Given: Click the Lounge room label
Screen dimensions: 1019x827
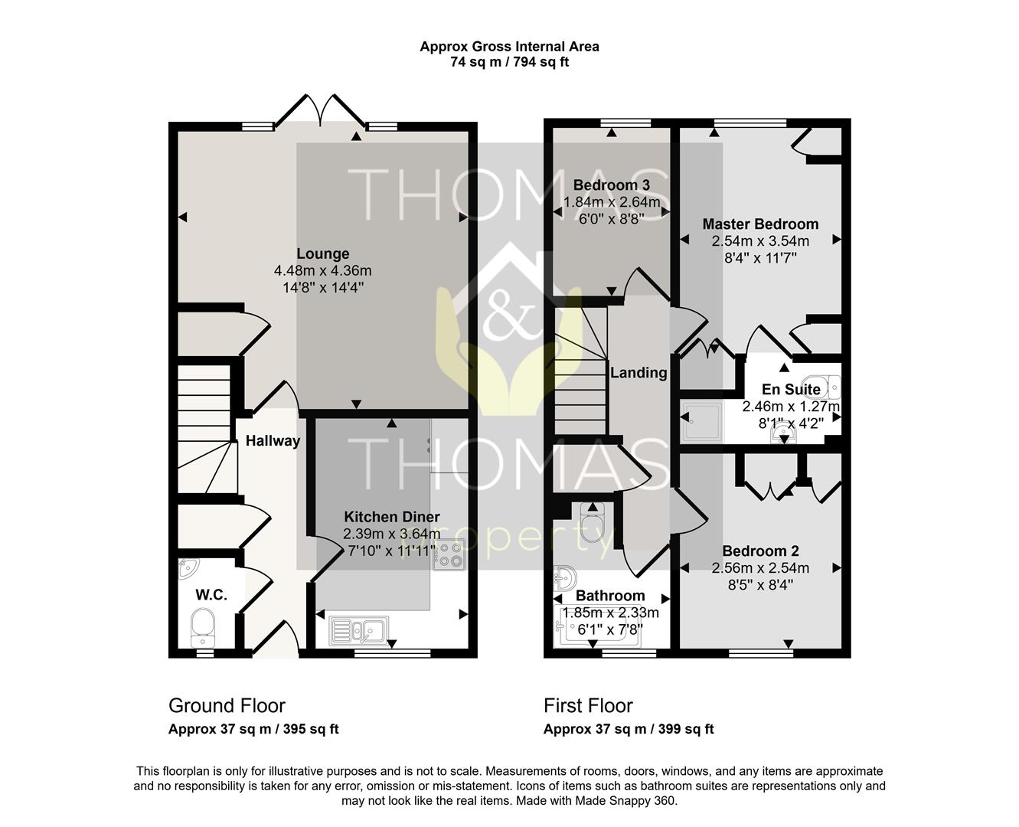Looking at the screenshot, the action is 323,253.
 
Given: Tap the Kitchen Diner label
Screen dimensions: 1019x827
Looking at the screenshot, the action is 392,517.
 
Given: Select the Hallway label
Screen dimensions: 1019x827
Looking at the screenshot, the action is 273,440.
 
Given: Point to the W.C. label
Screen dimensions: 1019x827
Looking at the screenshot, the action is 211,594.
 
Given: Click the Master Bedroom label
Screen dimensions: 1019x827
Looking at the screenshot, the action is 760,224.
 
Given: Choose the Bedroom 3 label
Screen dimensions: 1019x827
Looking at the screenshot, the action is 612,185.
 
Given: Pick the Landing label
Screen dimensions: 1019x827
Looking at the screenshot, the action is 639,373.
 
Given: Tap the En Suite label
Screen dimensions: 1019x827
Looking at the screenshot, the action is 791,389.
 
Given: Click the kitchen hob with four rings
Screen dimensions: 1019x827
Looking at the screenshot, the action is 449,555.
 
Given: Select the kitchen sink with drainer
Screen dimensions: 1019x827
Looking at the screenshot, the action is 358,631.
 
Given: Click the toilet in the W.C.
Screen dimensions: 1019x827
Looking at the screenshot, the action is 203,628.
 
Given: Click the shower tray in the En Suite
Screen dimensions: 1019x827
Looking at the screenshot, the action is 702,421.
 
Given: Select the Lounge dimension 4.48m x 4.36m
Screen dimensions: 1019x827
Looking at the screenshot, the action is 323,271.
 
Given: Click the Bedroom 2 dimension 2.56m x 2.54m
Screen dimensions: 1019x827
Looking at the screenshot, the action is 760,568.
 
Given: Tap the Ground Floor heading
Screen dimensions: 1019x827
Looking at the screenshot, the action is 227,706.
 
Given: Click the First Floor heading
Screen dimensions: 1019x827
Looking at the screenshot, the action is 588,706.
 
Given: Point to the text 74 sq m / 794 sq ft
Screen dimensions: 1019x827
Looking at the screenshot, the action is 510,62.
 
